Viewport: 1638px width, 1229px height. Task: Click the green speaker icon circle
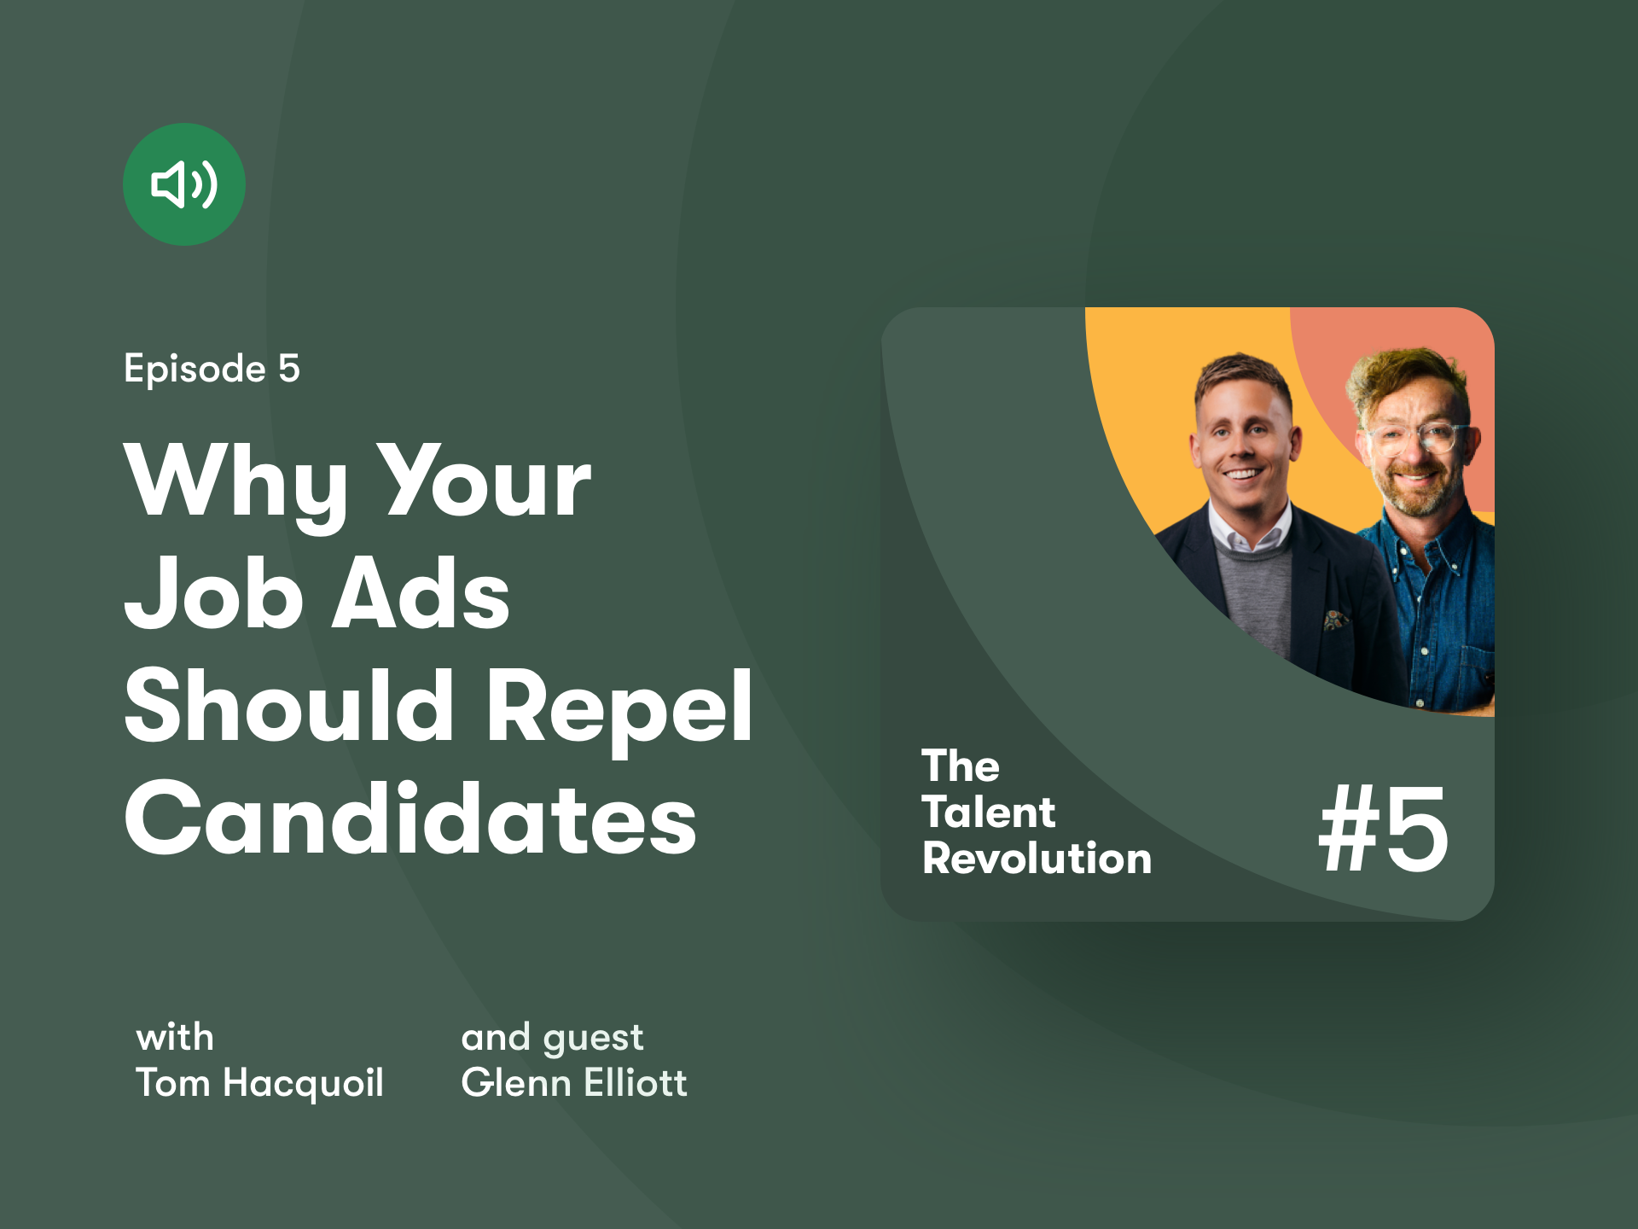pos(184,184)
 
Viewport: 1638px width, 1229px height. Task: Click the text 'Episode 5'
pos(212,370)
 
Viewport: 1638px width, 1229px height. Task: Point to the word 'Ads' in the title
pos(421,592)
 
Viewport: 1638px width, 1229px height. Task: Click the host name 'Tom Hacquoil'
pos(259,1083)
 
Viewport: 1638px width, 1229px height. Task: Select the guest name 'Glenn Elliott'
pos(574,1082)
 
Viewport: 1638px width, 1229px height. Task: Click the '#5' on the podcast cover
pos(1384,829)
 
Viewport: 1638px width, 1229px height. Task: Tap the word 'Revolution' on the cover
pos(1037,858)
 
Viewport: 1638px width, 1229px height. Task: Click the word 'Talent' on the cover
pos(989,812)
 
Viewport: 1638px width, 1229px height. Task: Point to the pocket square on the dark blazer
pos(1334,619)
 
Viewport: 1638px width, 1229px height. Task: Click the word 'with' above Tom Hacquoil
pos(175,1038)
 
